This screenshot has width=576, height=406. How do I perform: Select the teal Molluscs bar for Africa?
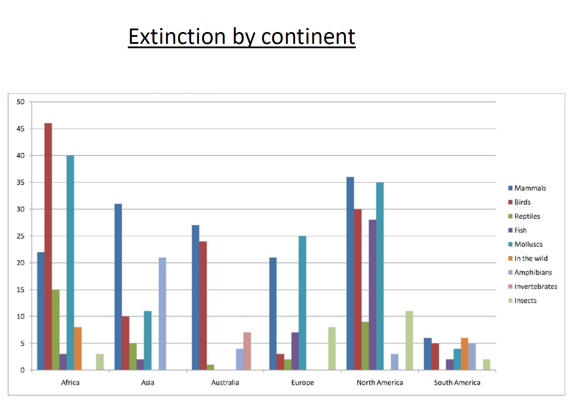pyautogui.click(x=70, y=263)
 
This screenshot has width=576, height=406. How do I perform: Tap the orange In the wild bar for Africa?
pyautogui.click(x=77, y=349)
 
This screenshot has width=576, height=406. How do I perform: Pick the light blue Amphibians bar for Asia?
pyautogui.click(x=162, y=313)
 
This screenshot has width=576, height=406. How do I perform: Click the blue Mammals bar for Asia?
pyautogui.click(x=118, y=287)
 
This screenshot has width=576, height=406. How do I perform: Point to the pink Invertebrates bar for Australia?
pyautogui.click(x=247, y=351)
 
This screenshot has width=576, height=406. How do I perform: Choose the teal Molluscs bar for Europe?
pyautogui.click(x=302, y=303)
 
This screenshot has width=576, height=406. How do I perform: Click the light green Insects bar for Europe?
pyautogui.click(x=332, y=349)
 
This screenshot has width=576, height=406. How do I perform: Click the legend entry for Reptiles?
pyautogui.click(x=527, y=216)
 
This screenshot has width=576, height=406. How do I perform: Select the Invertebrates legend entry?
pyautogui.click(x=535, y=286)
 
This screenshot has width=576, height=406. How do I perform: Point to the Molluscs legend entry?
pyautogui.click(x=528, y=244)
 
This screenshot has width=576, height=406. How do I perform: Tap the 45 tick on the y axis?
pyautogui.click(x=21, y=129)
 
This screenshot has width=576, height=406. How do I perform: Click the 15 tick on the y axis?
pyautogui.click(x=21, y=290)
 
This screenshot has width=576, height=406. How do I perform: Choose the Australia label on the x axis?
pyautogui.click(x=225, y=382)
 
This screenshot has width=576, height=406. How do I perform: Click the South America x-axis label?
pyautogui.click(x=457, y=382)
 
